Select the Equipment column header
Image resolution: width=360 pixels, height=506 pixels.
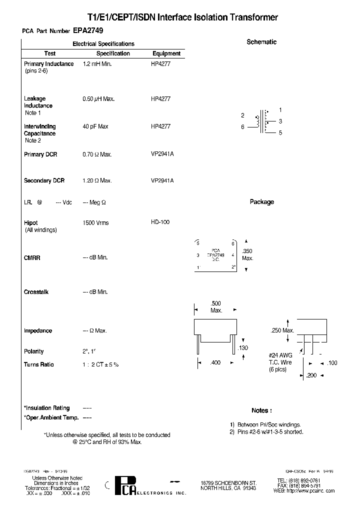(166, 53)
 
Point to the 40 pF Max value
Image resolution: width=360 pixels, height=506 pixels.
(95, 127)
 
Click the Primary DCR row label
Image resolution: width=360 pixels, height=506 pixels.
(40, 155)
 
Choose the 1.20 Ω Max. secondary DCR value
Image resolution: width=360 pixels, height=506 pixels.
(97, 181)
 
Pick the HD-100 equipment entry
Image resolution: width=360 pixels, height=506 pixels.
(160, 222)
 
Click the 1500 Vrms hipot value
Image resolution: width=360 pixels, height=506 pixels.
(95, 223)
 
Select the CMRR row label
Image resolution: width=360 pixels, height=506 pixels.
(32, 258)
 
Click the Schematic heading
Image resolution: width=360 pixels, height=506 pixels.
(261, 42)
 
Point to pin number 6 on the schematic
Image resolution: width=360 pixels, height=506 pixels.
(243, 127)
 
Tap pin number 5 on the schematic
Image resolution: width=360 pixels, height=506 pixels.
(280, 133)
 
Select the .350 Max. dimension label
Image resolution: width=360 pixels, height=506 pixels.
(247, 255)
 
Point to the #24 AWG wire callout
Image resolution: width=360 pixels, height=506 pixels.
(280, 355)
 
